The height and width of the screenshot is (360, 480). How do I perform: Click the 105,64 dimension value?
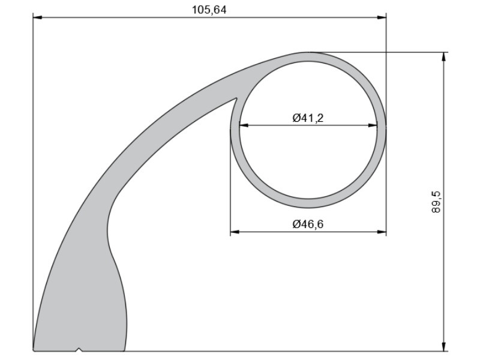point(209,10)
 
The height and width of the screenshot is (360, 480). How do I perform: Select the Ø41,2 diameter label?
point(308,118)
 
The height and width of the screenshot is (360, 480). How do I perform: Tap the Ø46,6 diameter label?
point(308,224)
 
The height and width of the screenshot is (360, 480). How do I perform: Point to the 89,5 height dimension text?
point(436,202)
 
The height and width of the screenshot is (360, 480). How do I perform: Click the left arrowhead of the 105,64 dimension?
point(37,17)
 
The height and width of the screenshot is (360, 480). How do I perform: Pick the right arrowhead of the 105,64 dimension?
point(382,17)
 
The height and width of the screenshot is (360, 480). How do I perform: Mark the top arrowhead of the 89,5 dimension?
point(444,57)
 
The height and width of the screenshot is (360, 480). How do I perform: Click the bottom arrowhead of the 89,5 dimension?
point(444,347)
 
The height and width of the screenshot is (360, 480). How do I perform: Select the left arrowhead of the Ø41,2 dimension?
point(244,125)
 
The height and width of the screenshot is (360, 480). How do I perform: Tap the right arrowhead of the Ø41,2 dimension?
point(373,125)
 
